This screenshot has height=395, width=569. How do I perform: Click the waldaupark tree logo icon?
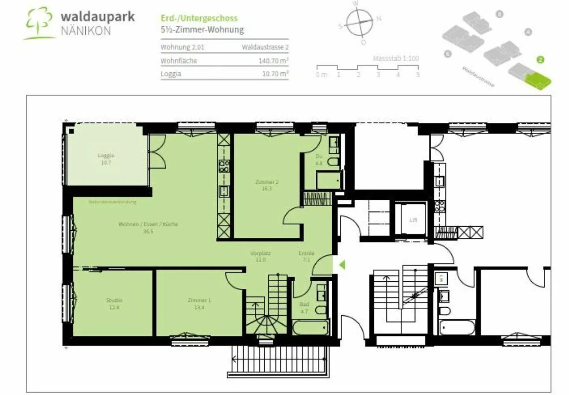coord(39,23)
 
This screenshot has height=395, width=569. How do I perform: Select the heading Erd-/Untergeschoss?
coord(199,18)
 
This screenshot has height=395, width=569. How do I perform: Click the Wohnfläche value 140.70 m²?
coord(273,61)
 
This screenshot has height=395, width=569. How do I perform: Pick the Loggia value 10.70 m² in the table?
coord(275,74)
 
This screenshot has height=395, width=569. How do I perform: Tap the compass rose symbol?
coord(360,23)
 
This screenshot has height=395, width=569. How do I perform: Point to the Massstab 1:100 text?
coord(396,58)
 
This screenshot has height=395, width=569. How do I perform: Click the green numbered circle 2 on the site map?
coord(540,60)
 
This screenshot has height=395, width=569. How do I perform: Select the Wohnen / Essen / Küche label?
coord(148,224)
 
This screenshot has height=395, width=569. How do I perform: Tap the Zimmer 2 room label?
coord(267,182)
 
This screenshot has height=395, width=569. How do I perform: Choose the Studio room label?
coord(114,300)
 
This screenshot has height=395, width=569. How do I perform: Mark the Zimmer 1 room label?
coord(199,300)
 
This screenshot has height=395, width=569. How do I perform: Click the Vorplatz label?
coord(260,253)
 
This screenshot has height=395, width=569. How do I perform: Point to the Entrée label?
coord(306,253)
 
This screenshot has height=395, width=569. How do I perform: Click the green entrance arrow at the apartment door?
coord(342,265)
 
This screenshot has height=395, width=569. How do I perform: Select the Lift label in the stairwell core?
coord(413,220)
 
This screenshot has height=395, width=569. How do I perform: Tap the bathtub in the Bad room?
coord(311,327)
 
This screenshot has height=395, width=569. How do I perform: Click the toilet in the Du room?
coord(333,162)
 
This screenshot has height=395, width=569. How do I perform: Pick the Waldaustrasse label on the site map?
coord(478,77)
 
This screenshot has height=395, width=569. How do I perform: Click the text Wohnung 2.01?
coord(182,47)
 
